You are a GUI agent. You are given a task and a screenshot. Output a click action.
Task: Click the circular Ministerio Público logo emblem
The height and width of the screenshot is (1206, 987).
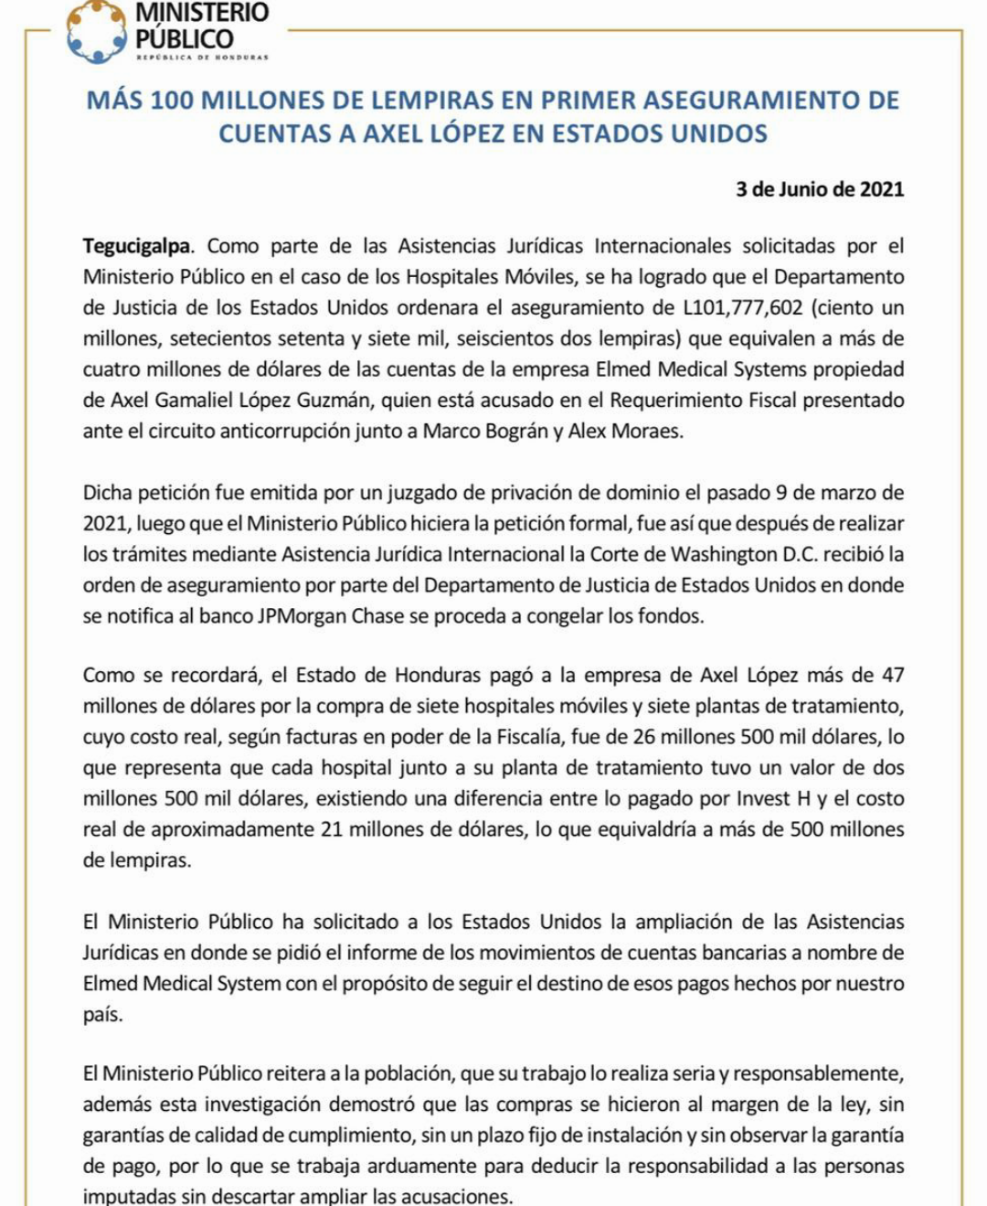pos(96,32)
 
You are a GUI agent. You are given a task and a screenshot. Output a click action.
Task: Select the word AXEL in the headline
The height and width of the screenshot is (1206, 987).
pos(395,133)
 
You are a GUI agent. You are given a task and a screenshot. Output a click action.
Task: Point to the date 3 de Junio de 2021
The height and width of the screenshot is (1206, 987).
pos(820,189)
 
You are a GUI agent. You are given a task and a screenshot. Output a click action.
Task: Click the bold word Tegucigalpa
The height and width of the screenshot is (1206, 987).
pos(137,246)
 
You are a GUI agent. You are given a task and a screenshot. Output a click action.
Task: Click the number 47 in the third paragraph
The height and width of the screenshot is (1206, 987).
pos(893,676)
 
